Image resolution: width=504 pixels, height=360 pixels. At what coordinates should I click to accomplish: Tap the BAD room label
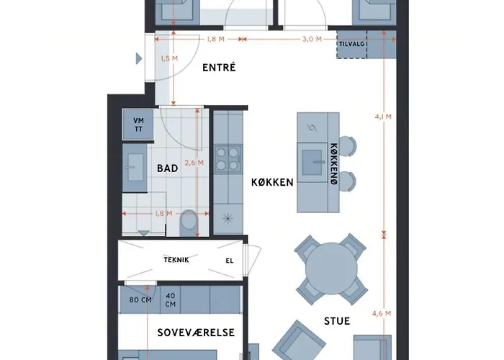[x=167, y=168]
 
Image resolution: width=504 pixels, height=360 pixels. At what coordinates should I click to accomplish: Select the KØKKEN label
[x=272, y=182]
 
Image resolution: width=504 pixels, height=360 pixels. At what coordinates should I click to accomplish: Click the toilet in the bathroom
[x=188, y=222]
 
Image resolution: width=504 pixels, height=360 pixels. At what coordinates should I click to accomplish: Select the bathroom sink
[x=135, y=168]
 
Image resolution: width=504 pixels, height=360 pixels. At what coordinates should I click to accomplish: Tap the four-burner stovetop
[x=228, y=158]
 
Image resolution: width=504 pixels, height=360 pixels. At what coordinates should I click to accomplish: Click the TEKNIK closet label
[x=176, y=260]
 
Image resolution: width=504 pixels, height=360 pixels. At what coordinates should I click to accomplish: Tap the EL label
[x=230, y=261]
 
